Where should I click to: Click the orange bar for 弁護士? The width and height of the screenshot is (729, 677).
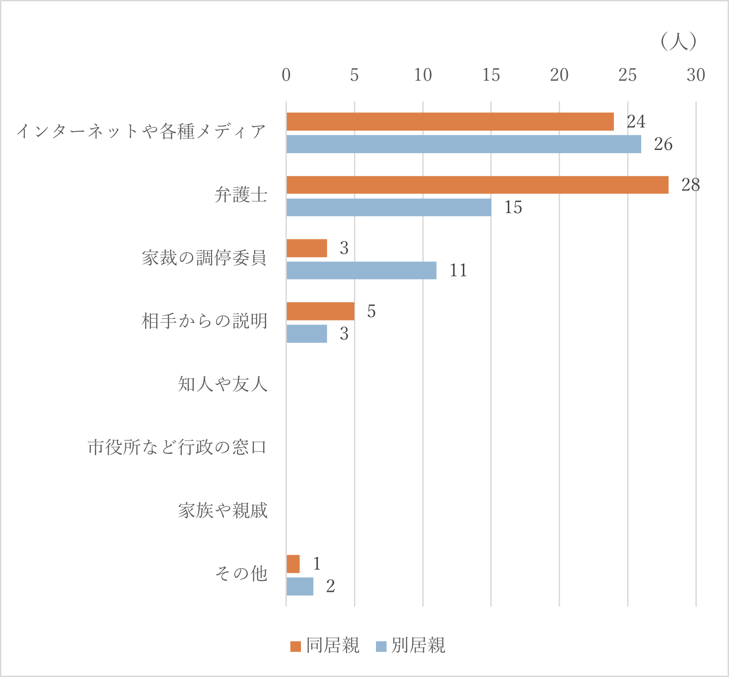[x=477, y=185]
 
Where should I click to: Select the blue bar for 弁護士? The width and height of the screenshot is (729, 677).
[x=388, y=207]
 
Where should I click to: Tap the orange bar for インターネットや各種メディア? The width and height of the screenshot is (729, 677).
[x=450, y=122]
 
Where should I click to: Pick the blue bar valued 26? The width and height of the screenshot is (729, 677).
[x=463, y=144]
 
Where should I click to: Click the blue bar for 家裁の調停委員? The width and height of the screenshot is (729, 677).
[x=361, y=270]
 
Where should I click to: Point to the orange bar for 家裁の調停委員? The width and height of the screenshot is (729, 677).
[x=307, y=248]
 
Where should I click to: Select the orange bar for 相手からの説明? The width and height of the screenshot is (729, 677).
[x=320, y=311]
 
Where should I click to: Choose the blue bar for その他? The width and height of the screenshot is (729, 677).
[x=300, y=587]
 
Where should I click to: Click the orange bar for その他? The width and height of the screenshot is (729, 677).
[x=293, y=564]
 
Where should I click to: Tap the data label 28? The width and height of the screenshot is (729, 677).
[x=690, y=185]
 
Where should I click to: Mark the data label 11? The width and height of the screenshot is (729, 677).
[x=458, y=270]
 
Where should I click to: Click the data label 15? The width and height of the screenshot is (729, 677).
[x=513, y=207]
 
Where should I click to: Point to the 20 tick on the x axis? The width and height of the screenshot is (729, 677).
[x=559, y=75]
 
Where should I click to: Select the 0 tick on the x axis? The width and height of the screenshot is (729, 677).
[x=286, y=75]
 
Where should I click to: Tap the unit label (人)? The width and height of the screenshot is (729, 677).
[x=678, y=42]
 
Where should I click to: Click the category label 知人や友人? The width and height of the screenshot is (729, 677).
[x=223, y=384]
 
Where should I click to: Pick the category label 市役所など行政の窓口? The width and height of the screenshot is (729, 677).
[x=177, y=447]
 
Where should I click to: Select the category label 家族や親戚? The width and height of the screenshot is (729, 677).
[x=223, y=510]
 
